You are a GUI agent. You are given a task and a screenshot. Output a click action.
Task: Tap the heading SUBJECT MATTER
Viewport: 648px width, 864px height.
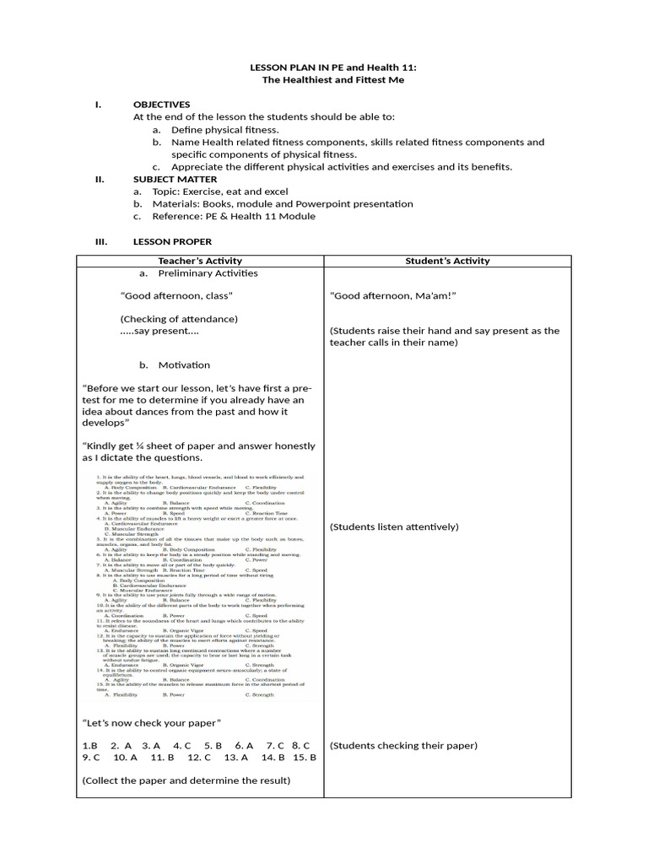coord(175,179)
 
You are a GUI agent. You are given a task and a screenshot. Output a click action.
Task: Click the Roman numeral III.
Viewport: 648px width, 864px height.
coord(99,241)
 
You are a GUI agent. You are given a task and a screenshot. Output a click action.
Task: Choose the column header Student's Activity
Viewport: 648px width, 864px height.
coord(447,261)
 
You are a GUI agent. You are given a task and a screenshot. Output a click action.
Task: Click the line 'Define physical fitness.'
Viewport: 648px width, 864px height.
coord(224,130)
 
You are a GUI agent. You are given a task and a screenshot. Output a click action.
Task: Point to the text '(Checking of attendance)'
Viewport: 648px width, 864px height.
coord(179,319)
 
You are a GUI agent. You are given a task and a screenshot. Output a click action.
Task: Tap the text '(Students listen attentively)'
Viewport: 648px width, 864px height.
coord(394,526)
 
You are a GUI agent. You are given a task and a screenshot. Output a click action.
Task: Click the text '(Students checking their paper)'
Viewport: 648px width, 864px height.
coord(403,745)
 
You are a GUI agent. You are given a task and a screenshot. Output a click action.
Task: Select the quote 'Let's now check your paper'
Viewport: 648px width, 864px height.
coord(152,723)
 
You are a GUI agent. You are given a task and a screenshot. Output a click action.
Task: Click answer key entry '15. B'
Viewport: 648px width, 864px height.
coord(302,758)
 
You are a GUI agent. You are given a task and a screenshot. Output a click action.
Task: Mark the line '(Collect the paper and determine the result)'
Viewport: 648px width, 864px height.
coord(186,780)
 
